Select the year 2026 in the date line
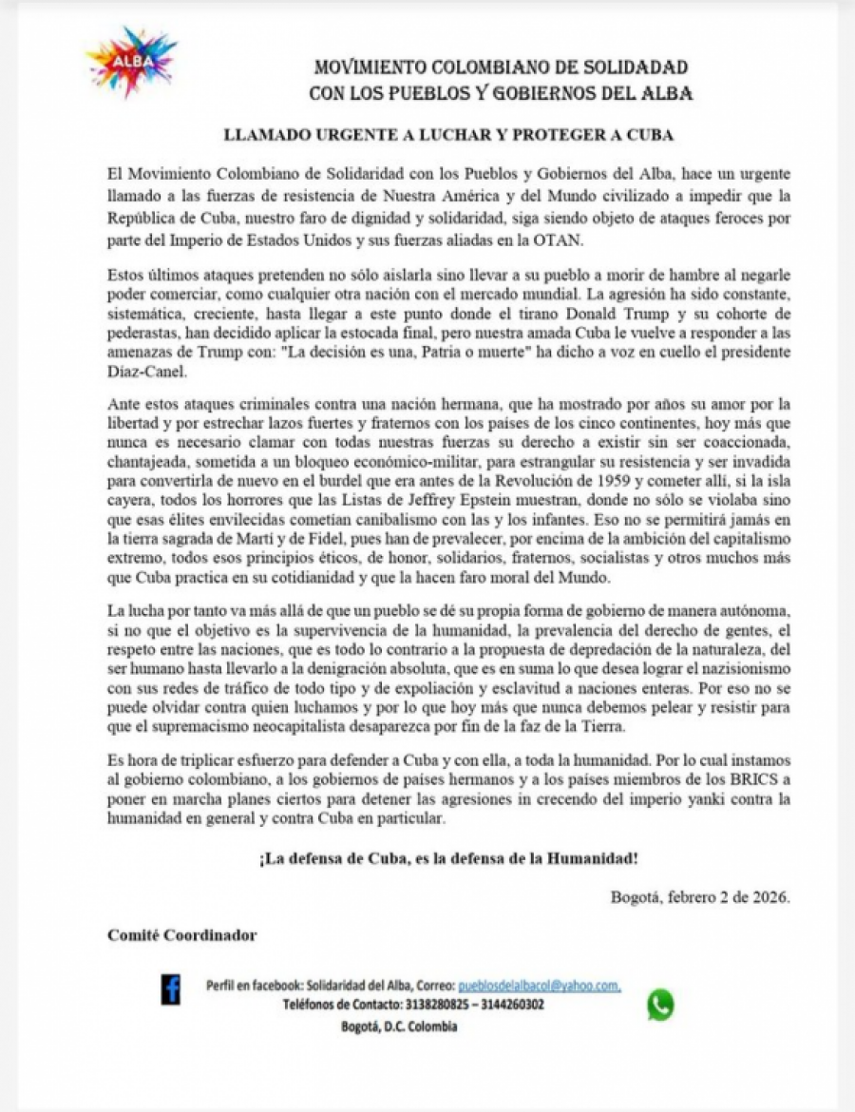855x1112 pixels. click(x=768, y=897)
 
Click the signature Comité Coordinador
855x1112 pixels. click(x=182, y=934)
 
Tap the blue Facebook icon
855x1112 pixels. click(x=171, y=990)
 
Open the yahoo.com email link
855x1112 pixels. click(x=539, y=987)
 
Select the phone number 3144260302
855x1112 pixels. click(x=512, y=1005)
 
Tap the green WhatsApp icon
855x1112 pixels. click(x=660, y=1004)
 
